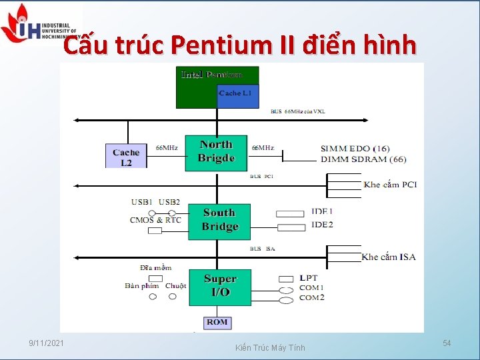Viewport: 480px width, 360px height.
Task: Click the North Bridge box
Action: point(216,151)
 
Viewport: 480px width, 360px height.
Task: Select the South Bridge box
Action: point(220,219)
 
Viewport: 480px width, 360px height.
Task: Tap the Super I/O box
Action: point(220,286)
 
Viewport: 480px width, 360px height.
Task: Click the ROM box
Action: point(217,322)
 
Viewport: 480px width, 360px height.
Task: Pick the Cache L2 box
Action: point(126,157)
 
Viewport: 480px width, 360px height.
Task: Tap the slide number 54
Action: point(447,343)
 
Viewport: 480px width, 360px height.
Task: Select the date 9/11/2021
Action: point(47,343)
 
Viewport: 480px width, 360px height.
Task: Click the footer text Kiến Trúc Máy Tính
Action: point(270,347)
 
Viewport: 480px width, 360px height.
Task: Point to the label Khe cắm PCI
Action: point(390,184)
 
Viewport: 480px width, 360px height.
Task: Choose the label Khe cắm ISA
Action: point(389,257)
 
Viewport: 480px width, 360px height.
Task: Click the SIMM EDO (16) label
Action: point(355,148)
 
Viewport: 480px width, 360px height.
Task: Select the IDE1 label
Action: point(322,211)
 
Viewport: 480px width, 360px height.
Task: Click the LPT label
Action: point(309,277)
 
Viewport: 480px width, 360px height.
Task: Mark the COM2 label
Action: point(311,298)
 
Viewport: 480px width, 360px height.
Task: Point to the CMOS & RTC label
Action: point(155,220)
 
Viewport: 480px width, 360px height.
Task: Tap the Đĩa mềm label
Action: point(155,267)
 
